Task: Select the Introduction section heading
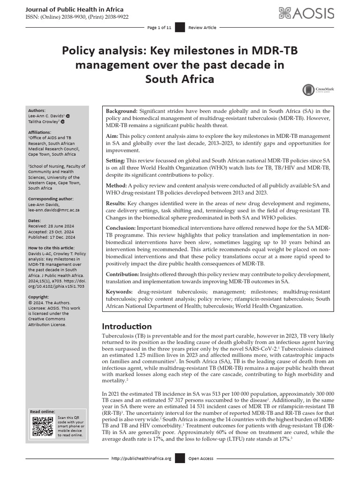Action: (127, 326)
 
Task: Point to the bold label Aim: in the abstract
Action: (112, 135)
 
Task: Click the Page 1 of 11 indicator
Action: (159, 28)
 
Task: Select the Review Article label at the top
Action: (202, 28)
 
